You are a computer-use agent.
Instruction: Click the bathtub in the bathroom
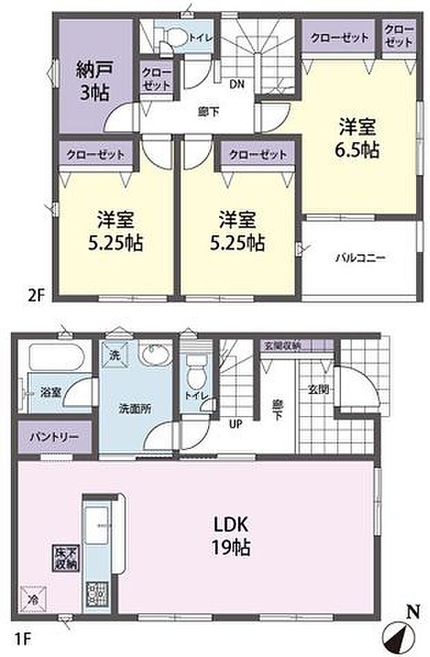pos(56,359)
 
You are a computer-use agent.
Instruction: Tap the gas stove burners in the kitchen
pos(94,594)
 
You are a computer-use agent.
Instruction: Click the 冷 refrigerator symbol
pos(32,595)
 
